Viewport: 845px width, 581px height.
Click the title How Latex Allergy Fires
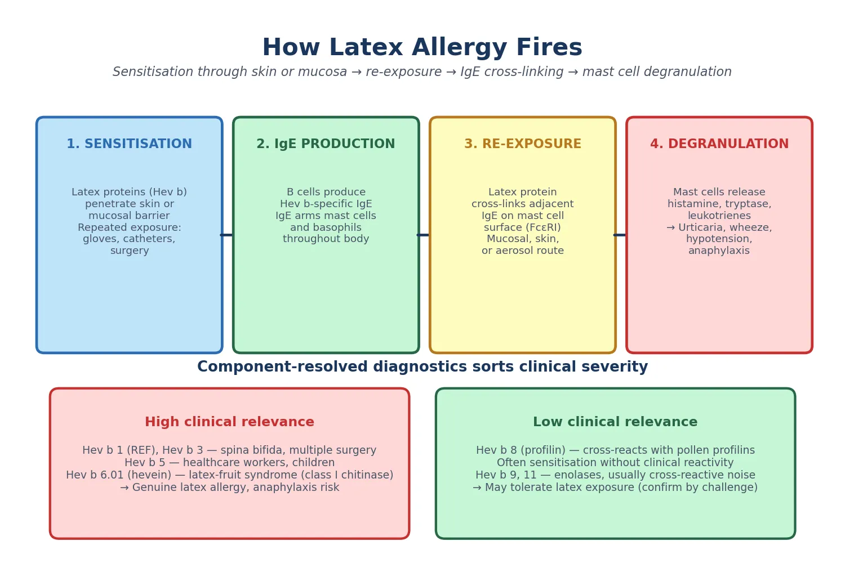point(422,47)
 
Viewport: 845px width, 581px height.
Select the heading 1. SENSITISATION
point(130,144)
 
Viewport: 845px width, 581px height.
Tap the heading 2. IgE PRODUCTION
point(326,144)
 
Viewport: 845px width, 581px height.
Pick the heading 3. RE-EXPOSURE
point(522,144)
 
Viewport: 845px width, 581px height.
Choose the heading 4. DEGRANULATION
point(719,144)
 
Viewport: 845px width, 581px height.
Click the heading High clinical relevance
point(229,422)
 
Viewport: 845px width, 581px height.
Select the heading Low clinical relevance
point(615,422)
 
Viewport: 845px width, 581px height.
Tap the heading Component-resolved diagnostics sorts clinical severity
point(422,367)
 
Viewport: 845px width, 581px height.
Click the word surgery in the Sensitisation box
point(130,251)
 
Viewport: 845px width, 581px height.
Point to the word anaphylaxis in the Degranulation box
point(719,251)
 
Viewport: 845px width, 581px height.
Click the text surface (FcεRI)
point(522,227)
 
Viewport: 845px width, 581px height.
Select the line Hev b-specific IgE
point(326,204)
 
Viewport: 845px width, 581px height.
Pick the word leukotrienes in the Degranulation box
point(719,216)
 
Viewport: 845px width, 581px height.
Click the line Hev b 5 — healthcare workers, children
point(229,463)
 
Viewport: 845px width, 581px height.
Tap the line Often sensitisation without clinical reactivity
point(615,463)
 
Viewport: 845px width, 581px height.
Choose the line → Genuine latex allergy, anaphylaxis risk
point(229,488)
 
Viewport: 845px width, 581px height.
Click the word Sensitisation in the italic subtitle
point(153,71)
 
